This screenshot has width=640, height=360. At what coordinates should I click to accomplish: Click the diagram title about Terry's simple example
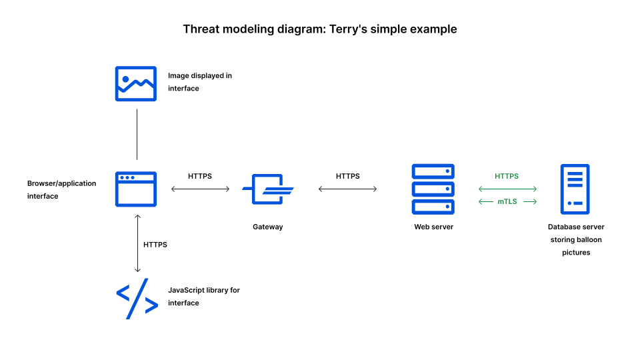[320, 29]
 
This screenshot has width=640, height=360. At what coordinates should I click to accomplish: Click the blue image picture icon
[136, 83]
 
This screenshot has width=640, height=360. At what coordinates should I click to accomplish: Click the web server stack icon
[433, 189]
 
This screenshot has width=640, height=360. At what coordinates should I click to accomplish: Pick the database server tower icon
[575, 189]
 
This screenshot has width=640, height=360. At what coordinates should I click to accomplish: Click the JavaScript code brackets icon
[137, 298]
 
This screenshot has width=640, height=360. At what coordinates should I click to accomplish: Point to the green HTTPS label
[507, 176]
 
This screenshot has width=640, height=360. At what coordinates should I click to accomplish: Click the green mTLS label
[507, 201]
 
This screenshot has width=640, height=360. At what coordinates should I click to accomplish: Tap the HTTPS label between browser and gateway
[200, 176]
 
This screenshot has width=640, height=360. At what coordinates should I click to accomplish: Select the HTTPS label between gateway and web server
[347, 176]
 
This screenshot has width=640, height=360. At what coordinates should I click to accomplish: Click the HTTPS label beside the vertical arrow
[155, 245]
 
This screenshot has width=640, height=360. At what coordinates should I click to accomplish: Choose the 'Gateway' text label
[267, 227]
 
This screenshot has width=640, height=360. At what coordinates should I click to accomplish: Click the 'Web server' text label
[433, 227]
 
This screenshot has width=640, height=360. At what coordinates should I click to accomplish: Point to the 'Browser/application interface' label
[61, 189]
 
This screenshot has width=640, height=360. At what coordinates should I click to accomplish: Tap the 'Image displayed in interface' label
[199, 82]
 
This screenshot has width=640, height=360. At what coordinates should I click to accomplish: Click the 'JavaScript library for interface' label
[203, 297]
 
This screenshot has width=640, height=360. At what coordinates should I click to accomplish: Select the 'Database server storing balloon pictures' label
[575, 239]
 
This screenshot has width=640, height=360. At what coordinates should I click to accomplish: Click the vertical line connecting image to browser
[137, 134]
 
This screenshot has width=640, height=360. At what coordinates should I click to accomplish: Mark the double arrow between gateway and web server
[347, 189]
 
